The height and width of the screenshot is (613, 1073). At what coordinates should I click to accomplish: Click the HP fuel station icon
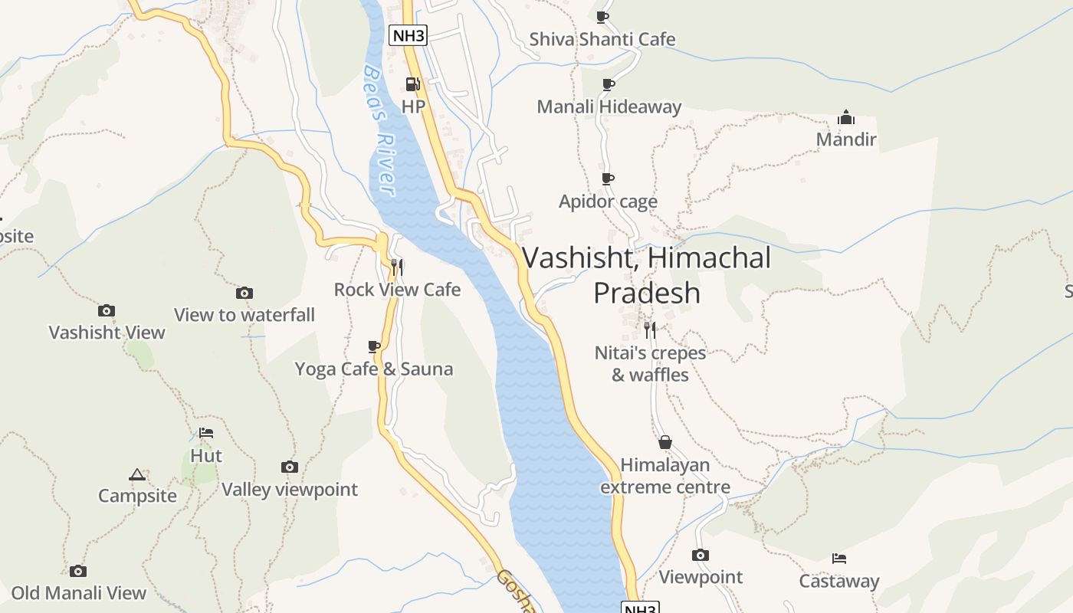(412, 84)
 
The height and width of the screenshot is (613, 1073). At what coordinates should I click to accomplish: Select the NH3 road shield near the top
(408, 34)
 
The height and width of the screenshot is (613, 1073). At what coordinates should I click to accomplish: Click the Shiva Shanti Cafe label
(602, 39)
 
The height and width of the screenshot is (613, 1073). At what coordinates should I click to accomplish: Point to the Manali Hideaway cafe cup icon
(608, 84)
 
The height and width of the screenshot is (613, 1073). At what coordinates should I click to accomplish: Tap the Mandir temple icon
(846, 117)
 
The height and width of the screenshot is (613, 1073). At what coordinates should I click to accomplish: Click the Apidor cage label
(608, 202)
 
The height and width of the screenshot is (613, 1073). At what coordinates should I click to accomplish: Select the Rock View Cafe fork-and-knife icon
(397, 267)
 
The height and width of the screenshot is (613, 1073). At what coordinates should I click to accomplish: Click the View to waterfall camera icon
(244, 293)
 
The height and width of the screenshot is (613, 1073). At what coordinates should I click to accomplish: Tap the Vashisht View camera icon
(107, 310)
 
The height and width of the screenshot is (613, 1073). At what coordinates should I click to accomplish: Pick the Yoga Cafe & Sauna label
(374, 369)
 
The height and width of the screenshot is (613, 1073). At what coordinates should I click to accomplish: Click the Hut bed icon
(205, 433)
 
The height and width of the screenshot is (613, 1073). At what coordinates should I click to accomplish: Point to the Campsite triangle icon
(137, 474)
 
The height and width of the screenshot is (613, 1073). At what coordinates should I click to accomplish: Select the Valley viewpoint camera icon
(289, 467)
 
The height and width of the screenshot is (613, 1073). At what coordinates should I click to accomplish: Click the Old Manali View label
(79, 593)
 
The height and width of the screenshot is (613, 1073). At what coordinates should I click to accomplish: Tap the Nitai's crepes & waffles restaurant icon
(650, 330)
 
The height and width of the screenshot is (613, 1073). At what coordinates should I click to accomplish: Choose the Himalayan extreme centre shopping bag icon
(665, 442)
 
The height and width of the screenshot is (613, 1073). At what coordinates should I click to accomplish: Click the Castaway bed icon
(839, 559)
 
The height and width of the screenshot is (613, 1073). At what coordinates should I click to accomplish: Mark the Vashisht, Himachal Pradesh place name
(647, 274)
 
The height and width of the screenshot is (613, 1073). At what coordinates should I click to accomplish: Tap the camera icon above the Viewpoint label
(701, 555)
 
